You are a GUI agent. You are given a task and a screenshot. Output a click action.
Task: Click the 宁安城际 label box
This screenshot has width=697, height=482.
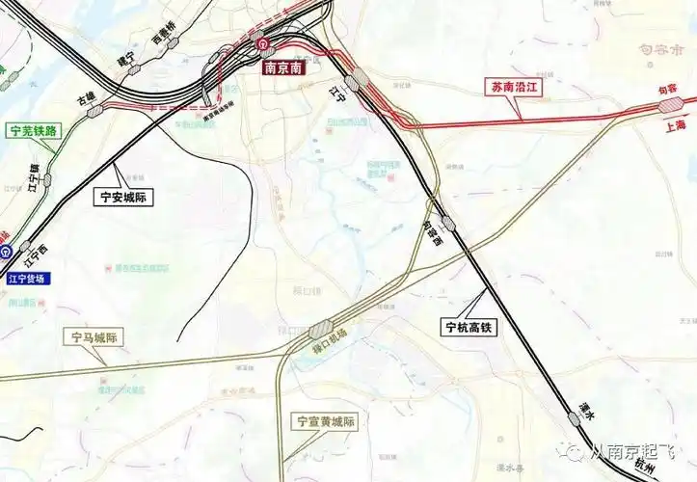[125, 197]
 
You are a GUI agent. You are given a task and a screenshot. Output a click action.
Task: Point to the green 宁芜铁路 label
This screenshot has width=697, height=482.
[32, 129]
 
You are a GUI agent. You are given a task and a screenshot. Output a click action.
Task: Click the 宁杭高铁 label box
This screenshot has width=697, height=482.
[469, 327]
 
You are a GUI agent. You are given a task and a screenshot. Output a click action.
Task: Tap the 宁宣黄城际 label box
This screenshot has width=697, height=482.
[326, 421]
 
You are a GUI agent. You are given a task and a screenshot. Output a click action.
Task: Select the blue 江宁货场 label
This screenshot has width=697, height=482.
[32, 279]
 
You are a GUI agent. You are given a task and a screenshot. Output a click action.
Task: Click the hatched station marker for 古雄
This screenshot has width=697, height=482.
[96, 111]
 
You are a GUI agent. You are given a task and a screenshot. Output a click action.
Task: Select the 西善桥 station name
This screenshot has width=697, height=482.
[165, 38]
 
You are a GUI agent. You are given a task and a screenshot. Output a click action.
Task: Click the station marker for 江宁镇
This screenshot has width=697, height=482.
[45, 180]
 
